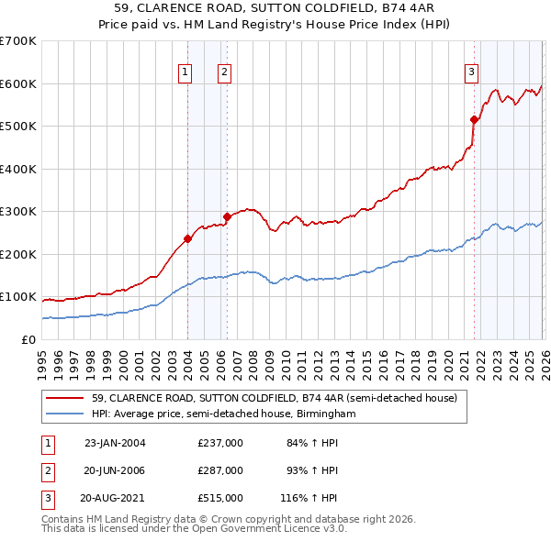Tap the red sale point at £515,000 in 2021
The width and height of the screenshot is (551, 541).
pyautogui.click(x=474, y=119)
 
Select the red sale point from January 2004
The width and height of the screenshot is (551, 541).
pyautogui.click(x=187, y=238)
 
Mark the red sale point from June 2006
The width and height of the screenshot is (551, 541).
pyautogui.click(x=227, y=217)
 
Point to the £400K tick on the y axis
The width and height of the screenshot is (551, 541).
pyautogui.click(x=18, y=169)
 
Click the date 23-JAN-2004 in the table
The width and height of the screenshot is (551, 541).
pyautogui.click(x=115, y=443)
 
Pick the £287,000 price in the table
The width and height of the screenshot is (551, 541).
pyautogui.click(x=220, y=470)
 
